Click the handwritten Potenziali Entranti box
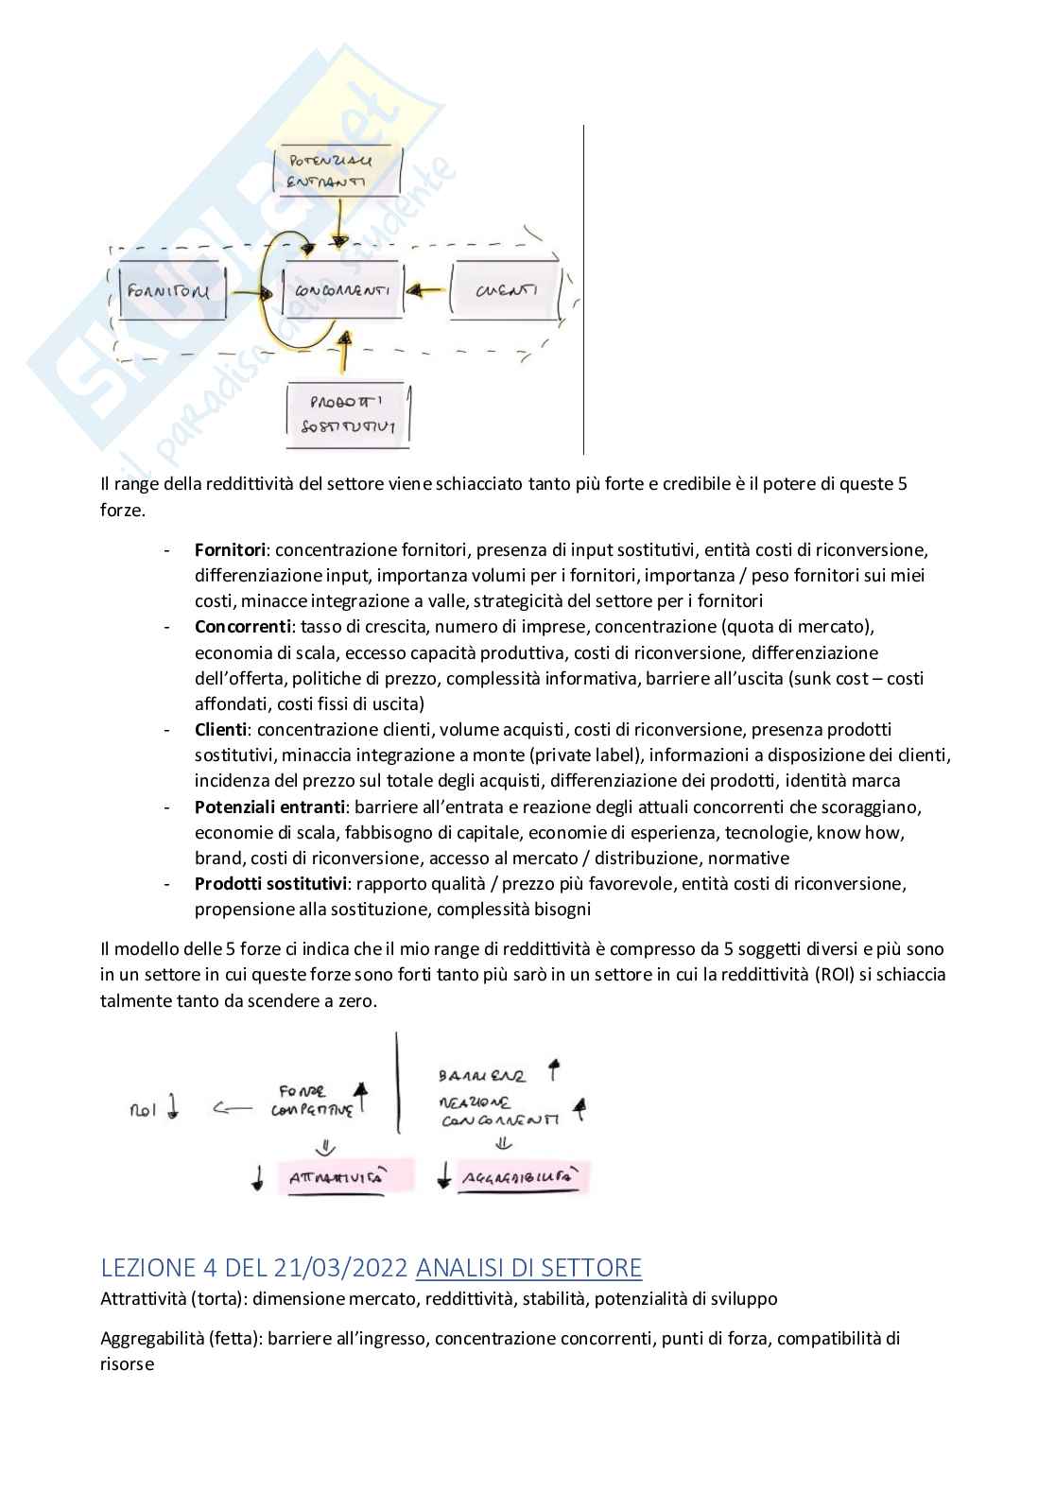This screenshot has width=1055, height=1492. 337,171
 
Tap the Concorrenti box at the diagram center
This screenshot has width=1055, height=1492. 342,290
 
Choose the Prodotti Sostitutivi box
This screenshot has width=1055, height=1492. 348,415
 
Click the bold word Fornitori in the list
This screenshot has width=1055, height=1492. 232,549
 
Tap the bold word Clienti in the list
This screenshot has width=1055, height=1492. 221,730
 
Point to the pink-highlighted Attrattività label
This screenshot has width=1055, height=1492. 335,1178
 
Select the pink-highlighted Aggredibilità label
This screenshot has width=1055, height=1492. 521,1178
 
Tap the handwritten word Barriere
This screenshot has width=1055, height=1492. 482,1076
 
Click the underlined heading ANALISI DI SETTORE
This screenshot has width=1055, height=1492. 528,1267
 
